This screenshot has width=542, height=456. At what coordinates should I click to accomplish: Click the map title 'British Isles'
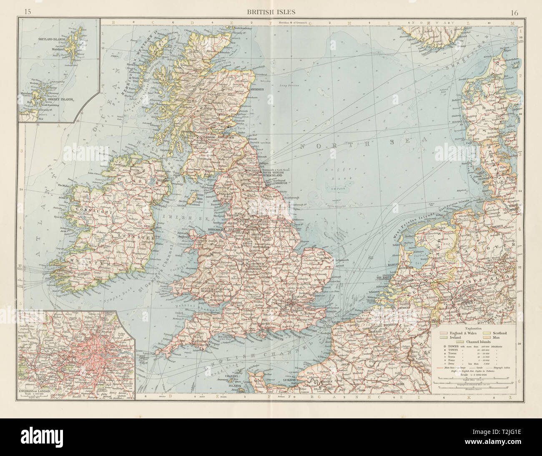pos(271,12)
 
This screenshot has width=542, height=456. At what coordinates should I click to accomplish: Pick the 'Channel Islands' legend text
pos(469,342)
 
